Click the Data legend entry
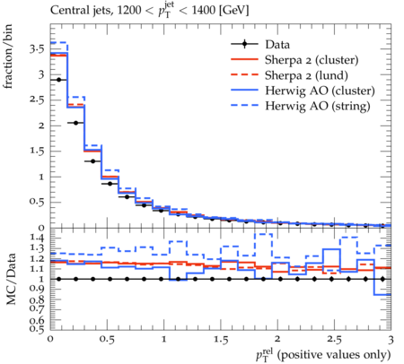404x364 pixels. point(277,45)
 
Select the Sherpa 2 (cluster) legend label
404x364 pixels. point(312,60)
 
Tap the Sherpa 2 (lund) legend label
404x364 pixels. point(306,75)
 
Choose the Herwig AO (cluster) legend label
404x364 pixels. point(320,91)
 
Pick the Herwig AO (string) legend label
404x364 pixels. point(318,106)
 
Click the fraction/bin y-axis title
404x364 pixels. point(8,56)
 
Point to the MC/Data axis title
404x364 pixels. point(11,279)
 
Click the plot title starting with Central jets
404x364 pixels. point(150,11)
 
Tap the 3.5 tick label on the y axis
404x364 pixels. point(37,48)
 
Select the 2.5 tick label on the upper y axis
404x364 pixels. point(37,100)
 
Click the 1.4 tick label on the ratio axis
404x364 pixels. point(37,238)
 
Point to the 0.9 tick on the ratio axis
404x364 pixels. point(37,289)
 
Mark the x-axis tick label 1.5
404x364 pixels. point(221,340)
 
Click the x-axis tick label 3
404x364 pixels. point(391,340)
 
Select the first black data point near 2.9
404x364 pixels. point(59,80)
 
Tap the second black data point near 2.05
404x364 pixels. point(76,123)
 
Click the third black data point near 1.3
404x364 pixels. point(93,161)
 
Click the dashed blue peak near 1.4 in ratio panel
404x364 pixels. point(264,234)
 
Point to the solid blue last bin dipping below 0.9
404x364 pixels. point(382,295)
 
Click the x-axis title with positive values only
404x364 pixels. point(323,355)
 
